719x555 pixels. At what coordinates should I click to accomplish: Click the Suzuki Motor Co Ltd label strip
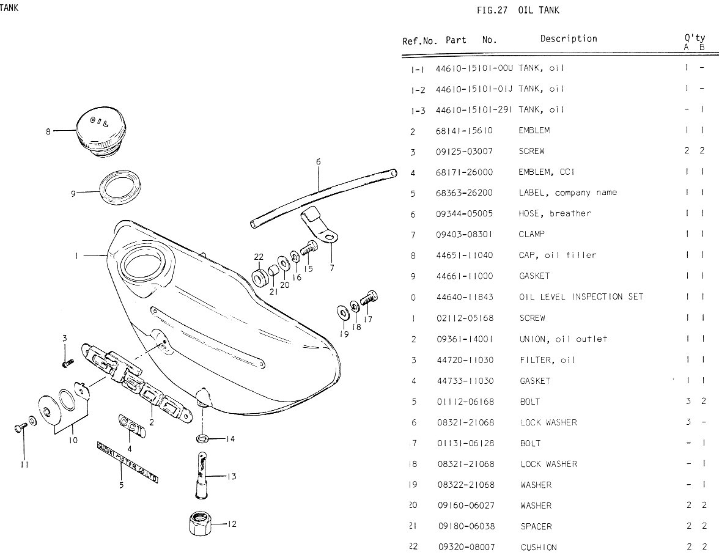tap(127, 462)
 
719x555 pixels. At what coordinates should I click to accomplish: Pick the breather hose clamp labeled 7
tap(318, 224)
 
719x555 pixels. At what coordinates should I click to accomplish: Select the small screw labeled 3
tap(66, 362)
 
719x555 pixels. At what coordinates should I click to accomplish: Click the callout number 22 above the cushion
tap(259, 256)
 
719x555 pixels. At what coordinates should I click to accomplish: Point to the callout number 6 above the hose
tap(318, 162)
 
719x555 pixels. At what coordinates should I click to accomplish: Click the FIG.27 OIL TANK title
tap(518, 10)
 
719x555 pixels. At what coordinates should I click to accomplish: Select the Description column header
tap(569, 39)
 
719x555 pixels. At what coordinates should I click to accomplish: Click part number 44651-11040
tap(464, 255)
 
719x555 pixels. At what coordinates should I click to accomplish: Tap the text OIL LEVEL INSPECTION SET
tap(581, 297)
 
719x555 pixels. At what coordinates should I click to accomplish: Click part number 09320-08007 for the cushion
tap(465, 547)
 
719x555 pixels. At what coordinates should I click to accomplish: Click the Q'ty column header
tap(695, 39)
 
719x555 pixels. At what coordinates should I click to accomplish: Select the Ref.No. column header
tap(419, 41)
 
